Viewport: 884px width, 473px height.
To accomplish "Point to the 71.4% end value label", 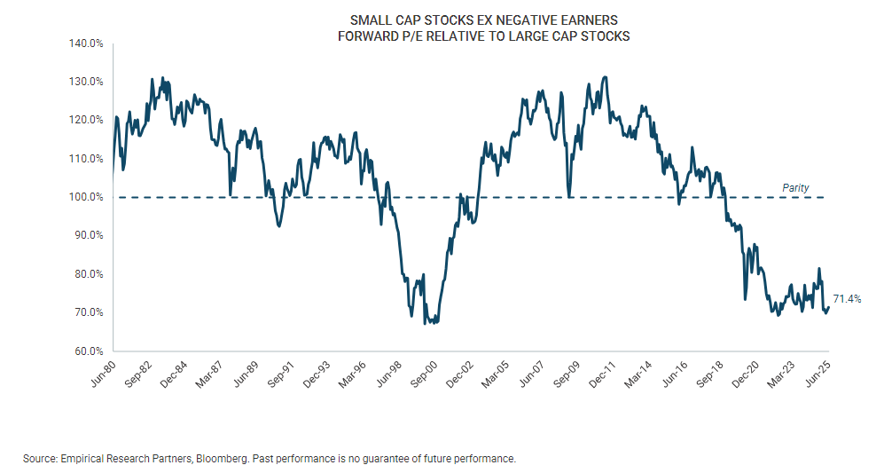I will pos(847,299).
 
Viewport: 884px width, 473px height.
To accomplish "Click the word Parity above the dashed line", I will pos(795,188).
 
